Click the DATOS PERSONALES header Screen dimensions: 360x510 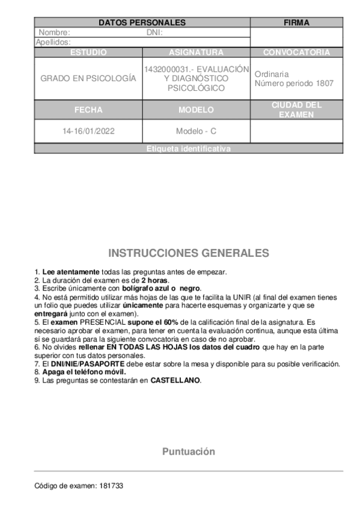point(142,23)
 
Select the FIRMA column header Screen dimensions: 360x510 point(296,23)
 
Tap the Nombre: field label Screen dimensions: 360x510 point(55,32)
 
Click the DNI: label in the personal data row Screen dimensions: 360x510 point(154,32)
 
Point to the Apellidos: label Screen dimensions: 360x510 point(53,42)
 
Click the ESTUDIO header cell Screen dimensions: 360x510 point(88,52)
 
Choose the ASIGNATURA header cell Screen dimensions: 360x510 point(197,52)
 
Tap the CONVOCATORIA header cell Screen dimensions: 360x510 point(296,52)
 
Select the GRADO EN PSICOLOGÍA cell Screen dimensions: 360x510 point(88,79)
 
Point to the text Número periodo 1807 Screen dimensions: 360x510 point(294,84)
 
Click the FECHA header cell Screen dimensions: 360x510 point(88,110)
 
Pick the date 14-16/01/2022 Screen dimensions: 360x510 point(88,131)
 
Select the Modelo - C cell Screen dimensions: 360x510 point(197,131)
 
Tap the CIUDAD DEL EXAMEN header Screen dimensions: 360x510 point(296,109)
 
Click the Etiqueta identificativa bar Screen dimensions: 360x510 point(189,149)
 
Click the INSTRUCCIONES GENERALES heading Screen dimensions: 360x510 point(189,253)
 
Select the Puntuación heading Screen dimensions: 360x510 point(189,452)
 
